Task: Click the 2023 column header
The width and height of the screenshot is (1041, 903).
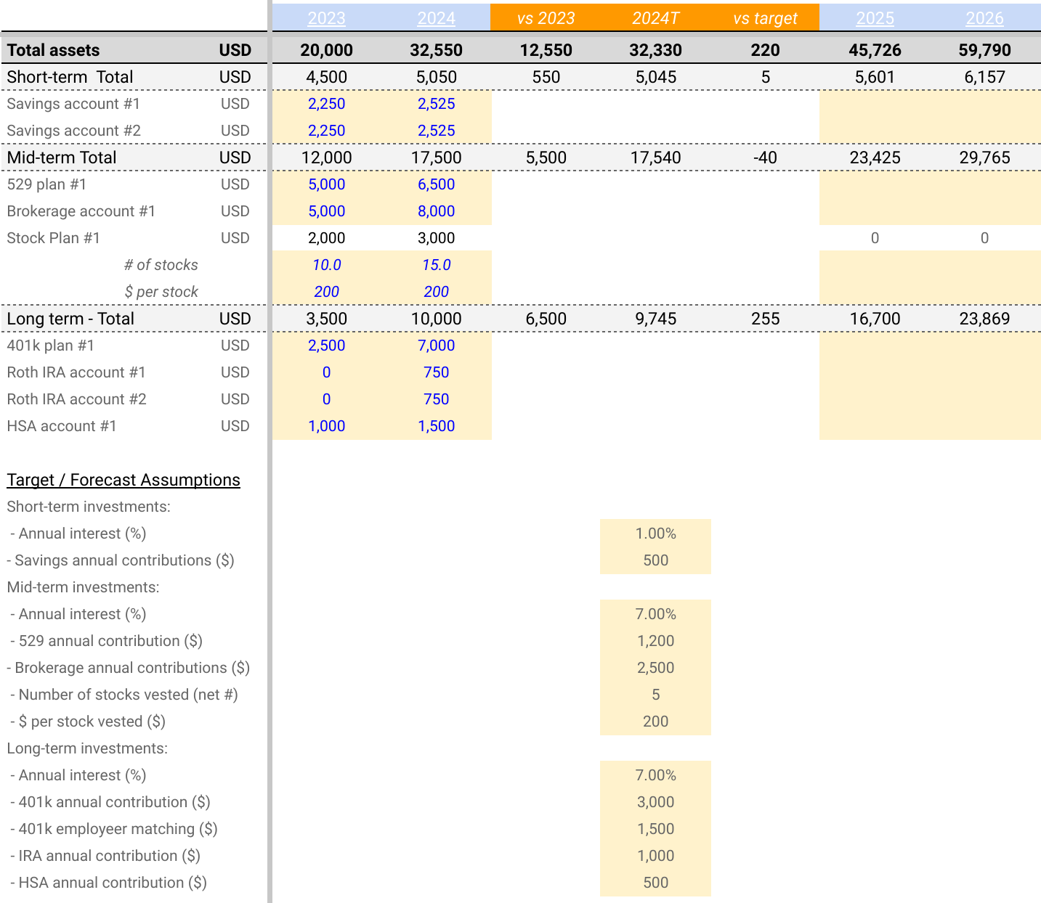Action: tap(326, 18)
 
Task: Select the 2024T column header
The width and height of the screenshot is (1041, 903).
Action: tap(655, 18)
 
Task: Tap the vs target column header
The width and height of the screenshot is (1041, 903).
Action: tap(765, 18)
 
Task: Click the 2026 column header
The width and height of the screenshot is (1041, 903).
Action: tap(984, 18)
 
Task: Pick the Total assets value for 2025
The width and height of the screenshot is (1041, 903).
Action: tap(875, 50)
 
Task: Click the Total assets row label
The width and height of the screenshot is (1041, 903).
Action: tap(53, 50)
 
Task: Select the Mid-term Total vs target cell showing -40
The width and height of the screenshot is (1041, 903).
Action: tap(765, 158)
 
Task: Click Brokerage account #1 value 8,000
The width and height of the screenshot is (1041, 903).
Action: tap(436, 211)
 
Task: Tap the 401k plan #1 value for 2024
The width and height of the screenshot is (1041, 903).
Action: tap(436, 346)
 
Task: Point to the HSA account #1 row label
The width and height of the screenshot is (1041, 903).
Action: tap(62, 426)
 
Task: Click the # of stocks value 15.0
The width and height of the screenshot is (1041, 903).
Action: tap(436, 265)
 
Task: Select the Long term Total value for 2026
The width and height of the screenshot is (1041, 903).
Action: tap(984, 319)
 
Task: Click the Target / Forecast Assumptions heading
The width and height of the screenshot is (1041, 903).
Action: tap(123, 480)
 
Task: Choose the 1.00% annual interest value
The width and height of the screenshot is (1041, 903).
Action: tap(655, 534)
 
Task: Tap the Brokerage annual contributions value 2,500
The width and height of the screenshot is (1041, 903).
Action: tap(655, 668)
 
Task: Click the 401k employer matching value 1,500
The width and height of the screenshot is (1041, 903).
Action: tap(655, 829)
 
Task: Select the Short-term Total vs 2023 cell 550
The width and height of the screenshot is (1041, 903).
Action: tap(546, 77)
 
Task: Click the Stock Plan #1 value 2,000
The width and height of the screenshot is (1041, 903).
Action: tap(326, 238)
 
